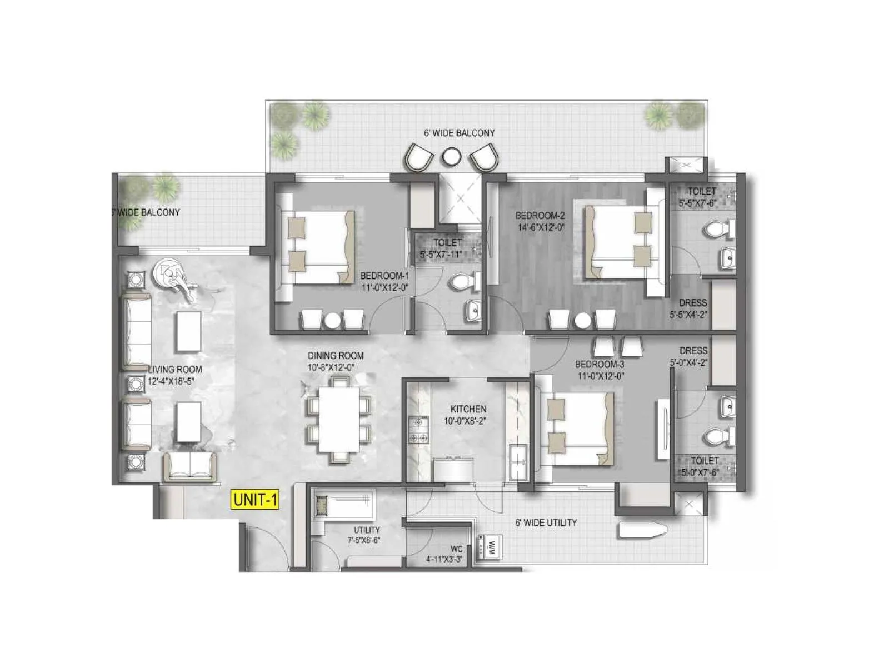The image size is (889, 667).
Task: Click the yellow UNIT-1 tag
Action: click(255, 499)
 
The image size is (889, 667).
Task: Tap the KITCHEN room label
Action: click(468, 409)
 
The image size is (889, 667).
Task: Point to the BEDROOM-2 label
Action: click(540, 216)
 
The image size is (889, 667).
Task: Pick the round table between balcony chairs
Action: click(451, 157)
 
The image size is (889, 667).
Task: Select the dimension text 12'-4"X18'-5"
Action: click(172, 381)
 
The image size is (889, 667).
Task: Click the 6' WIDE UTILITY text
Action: click(546, 522)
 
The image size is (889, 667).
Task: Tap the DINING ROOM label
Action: click(336, 356)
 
